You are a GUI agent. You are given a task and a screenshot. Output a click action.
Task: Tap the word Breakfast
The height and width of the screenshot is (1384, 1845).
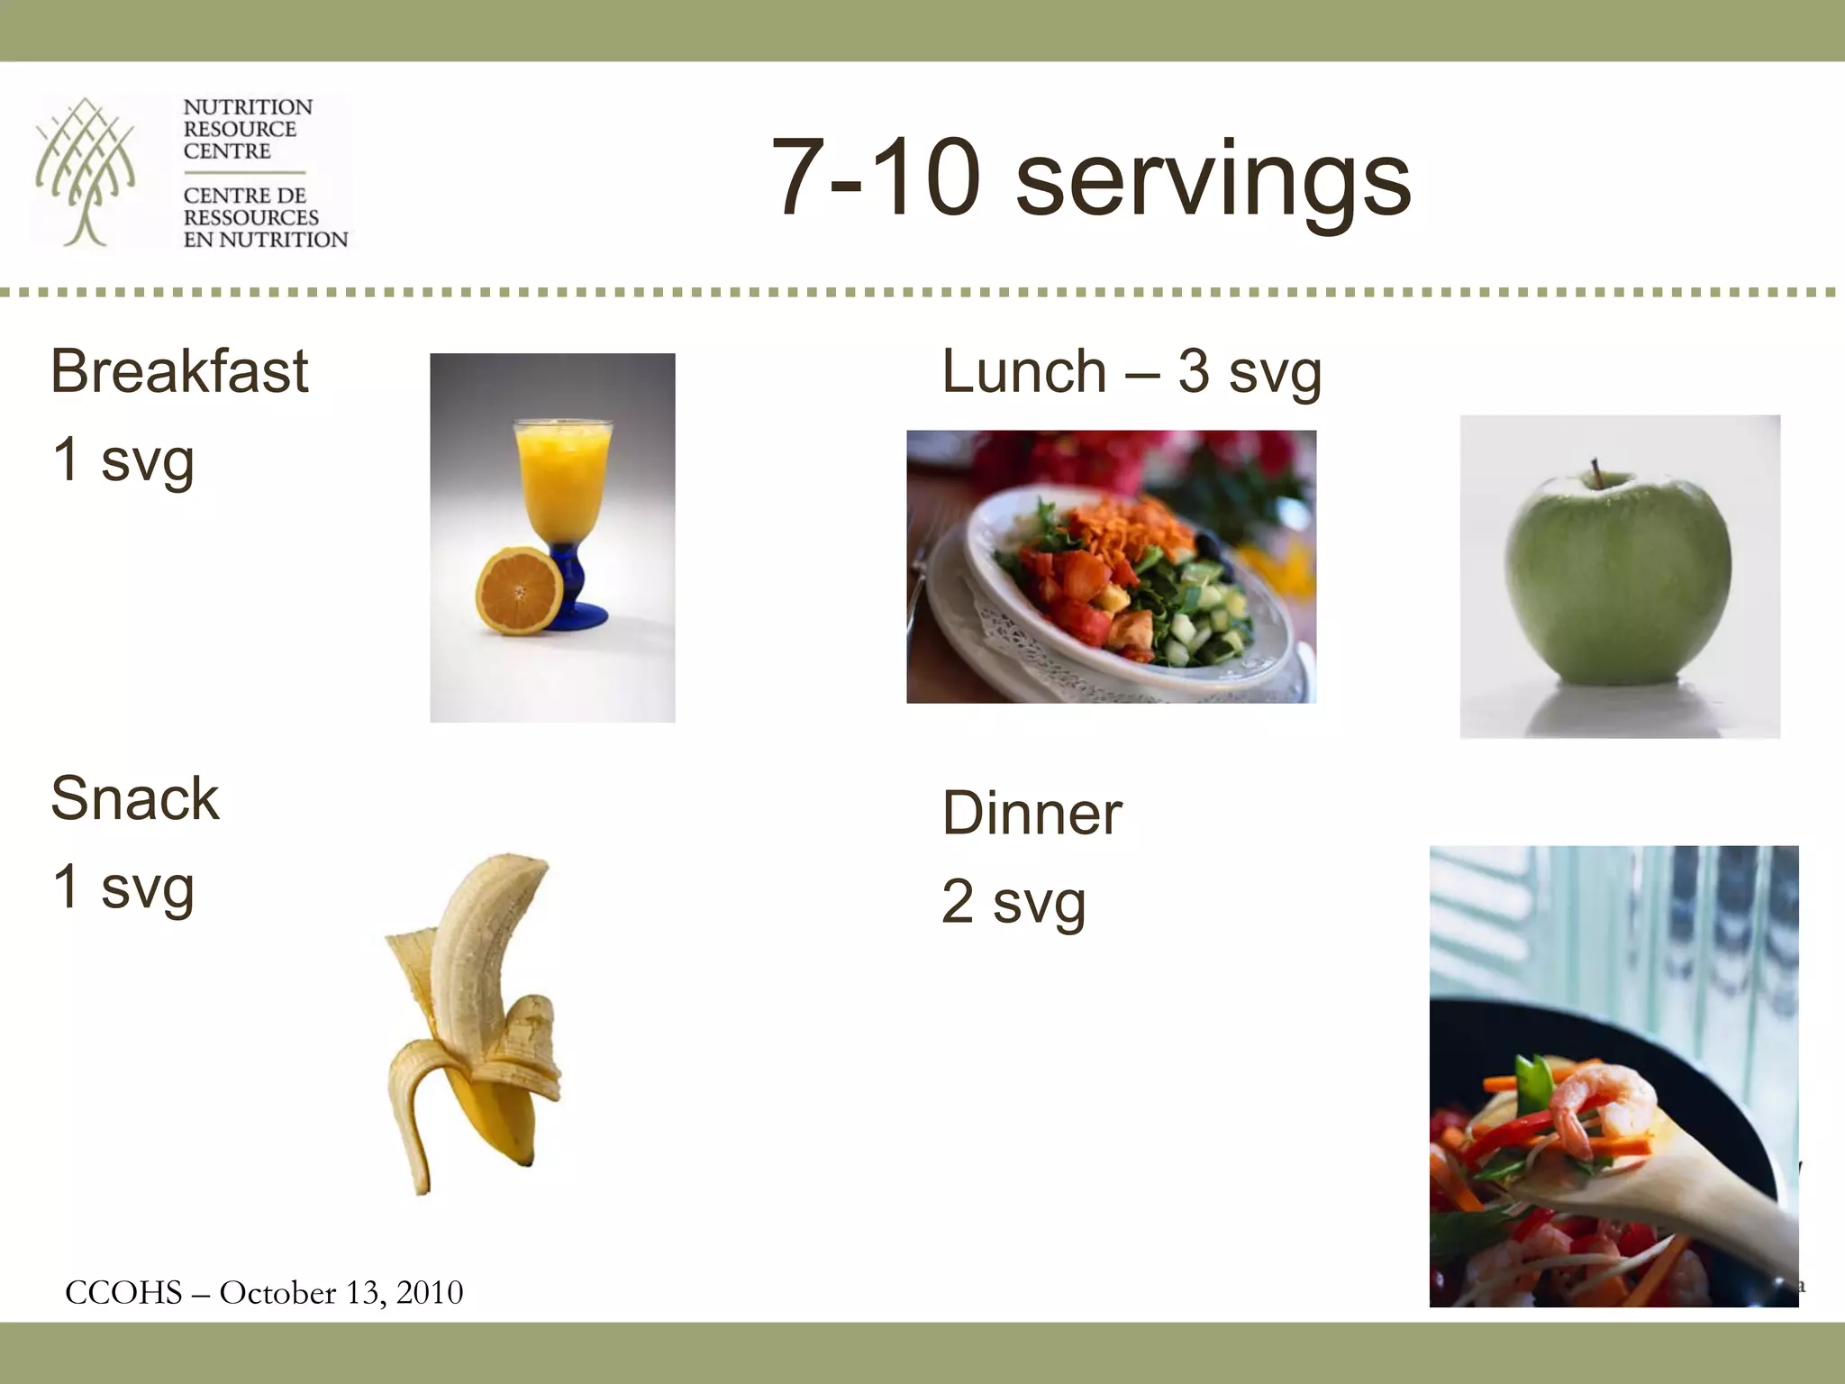179,371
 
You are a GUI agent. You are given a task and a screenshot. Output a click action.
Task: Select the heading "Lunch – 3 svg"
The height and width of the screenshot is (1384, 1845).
1131,371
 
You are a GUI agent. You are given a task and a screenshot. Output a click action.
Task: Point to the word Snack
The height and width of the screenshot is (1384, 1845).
135,798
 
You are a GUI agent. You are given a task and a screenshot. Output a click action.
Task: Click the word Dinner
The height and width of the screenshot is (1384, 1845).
1032,814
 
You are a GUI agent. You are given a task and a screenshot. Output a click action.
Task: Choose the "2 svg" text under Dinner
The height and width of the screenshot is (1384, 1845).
1013,902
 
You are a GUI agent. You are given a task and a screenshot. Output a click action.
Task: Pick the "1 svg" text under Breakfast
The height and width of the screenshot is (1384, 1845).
123,460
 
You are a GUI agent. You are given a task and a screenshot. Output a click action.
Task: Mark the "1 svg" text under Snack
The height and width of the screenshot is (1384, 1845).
123,887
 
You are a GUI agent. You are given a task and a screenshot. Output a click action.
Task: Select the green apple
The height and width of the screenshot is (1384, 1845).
1619,586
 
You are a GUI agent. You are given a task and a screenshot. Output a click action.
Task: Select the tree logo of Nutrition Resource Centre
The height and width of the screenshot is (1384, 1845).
86,171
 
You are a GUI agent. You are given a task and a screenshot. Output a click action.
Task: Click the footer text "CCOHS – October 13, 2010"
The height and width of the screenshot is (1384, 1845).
264,1293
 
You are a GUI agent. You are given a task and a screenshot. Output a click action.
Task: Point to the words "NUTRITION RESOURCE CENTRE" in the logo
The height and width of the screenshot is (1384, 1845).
247,129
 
